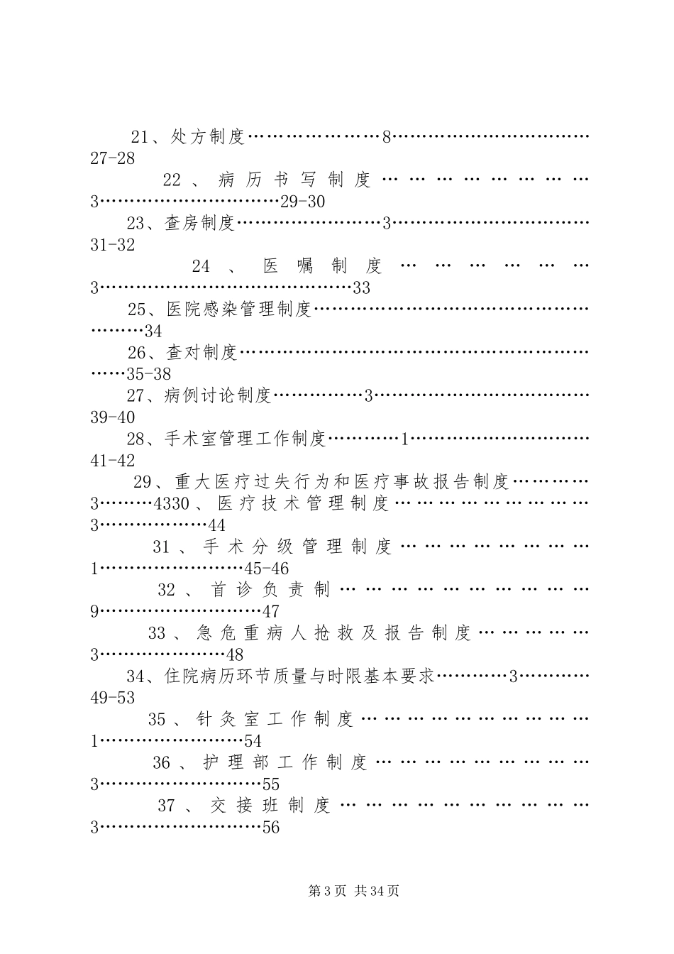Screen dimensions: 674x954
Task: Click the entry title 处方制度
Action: [208, 137]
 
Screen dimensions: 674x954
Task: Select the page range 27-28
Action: [113, 158]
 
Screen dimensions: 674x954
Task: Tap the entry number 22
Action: [172, 180]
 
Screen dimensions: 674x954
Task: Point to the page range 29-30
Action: [302, 202]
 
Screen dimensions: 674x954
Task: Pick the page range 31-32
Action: [113, 246]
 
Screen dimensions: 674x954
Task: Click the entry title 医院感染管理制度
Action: [240, 309]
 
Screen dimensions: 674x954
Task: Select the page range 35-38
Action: [148, 374]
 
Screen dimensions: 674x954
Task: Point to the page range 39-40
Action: [113, 417]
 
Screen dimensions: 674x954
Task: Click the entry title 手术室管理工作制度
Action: [245, 439]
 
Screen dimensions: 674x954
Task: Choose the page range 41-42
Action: [113, 461]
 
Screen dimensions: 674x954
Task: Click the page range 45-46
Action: [266, 569]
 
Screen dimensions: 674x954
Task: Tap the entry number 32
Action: [166, 590]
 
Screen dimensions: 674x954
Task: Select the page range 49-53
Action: [113, 698]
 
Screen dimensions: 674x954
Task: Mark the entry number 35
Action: [157, 719]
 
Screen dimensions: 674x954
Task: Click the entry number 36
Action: [162, 763]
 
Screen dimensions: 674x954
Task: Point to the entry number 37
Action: [166, 806]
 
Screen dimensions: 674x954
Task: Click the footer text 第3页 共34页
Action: [353, 891]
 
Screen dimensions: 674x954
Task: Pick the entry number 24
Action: [201, 267]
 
